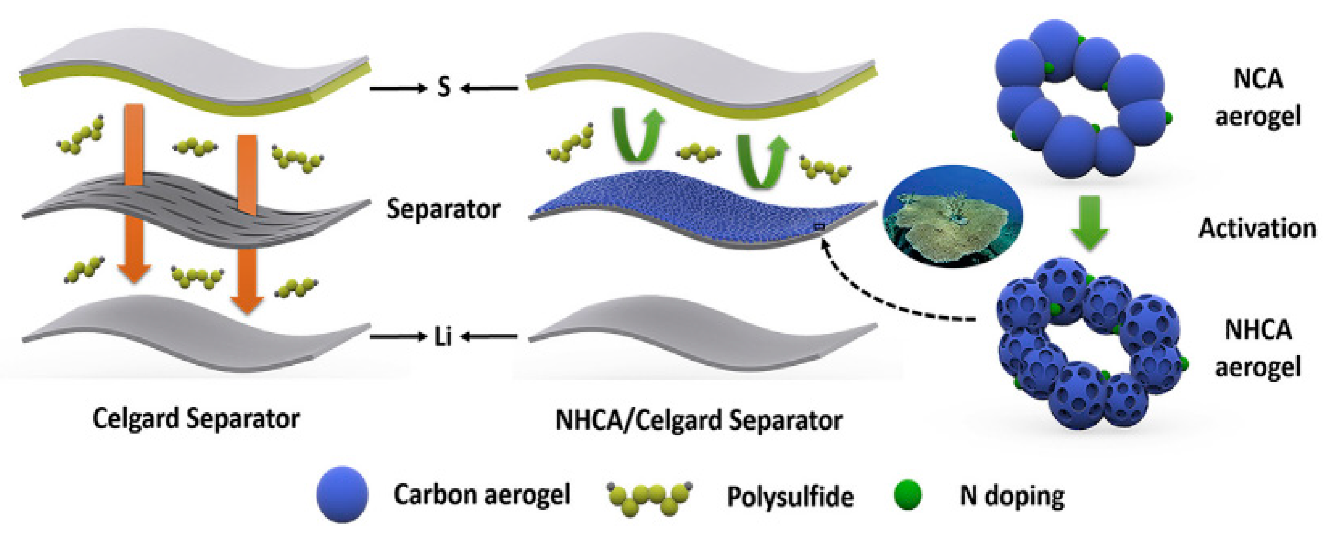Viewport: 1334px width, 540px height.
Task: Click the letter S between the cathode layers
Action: (444, 88)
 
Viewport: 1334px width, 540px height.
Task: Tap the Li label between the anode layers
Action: (443, 337)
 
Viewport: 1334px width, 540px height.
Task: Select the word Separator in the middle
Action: (443, 209)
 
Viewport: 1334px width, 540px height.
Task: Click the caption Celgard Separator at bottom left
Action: (196, 419)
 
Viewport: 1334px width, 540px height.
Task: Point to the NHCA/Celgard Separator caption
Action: (699, 420)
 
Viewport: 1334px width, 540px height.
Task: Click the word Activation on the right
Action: (1257, 228)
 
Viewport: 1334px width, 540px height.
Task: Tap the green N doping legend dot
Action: (908, 494)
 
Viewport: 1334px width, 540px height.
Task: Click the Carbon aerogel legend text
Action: (482, 494)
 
